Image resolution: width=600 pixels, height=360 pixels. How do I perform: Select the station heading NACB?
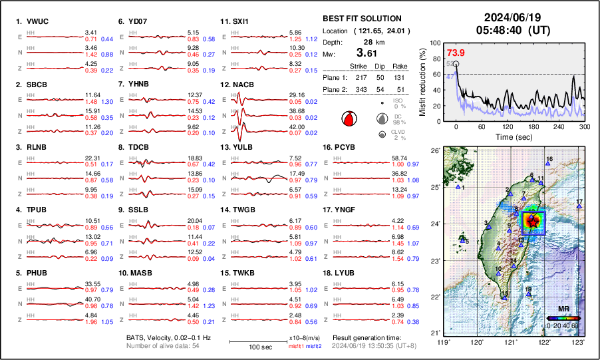(243, 85)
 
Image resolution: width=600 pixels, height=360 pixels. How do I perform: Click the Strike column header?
(360, 67)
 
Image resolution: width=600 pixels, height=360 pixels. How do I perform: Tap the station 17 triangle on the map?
(579, 207)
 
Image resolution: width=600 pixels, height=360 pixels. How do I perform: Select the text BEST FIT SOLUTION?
(361, 19)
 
